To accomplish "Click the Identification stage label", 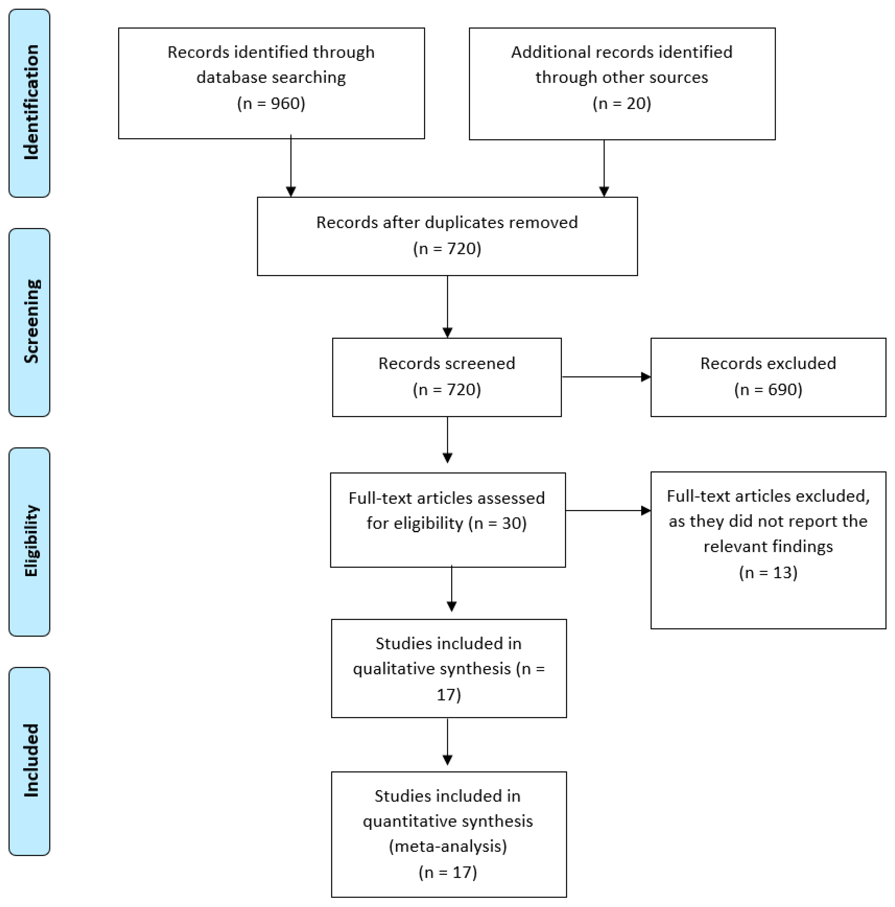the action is [x=31, y=102].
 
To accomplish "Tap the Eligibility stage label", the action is [x=31, y=541].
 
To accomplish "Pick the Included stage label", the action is [x=31, y=761].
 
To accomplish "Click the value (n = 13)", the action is [x=768, y=572].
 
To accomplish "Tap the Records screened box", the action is [x=447, y=377].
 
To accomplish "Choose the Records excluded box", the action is [x=768, y=377].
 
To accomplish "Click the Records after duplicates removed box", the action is [x=447, y=236].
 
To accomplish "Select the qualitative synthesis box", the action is [x=449, y=669].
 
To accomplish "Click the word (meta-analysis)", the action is [x=448, y=846].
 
